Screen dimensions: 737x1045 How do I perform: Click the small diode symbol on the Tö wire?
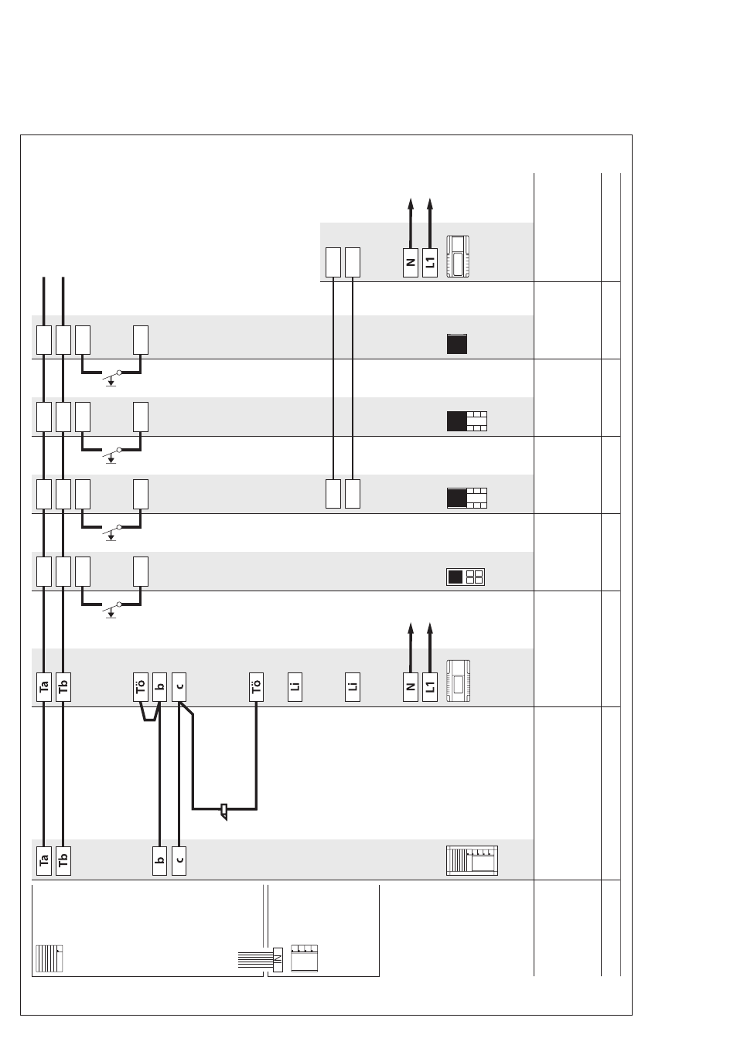click(x=224, y=812)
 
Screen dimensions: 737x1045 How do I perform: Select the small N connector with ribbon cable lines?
click(x=278, y=960)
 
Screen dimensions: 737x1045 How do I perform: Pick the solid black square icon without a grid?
click(x=457, y=344)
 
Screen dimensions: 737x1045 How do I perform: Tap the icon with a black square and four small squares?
click(x=466, y=577)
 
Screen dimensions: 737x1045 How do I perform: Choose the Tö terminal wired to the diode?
click(x=256, y=686)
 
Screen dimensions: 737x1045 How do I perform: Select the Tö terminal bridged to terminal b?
click(x=141, y=686)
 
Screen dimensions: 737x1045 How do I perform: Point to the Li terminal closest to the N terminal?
click(x=353, y=686)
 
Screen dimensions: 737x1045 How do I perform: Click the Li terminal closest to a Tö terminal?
click(x=295, y=686)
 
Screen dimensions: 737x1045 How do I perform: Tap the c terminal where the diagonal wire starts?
click(x=179, y=686)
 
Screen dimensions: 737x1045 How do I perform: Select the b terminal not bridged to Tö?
click(x=159, y=861)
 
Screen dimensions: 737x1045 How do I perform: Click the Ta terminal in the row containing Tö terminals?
click(x=44, y=686)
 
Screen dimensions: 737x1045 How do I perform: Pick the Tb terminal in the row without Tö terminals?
click(x=63, y=861)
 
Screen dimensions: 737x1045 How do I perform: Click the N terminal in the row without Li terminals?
click(x=411, y=263)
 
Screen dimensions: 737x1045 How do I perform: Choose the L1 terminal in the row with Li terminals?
click(x=430, y=686)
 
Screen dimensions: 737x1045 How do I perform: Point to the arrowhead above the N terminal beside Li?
click(x=411, y=628)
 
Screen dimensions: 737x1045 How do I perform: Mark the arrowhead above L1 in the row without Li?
click(x=430, y=204)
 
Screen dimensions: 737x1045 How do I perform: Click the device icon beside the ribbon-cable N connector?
click(x=305, y=958)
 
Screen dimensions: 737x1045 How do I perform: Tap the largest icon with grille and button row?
click(x=472, y=860)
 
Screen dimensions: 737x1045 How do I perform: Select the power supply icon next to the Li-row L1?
click(x=459, y=681)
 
